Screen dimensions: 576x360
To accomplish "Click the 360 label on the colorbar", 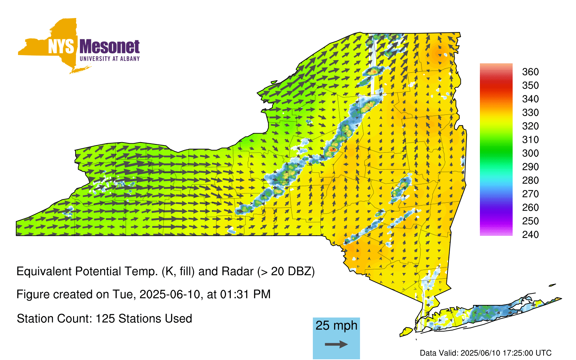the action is [530, 72].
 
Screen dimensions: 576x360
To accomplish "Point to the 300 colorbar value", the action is [530, 153].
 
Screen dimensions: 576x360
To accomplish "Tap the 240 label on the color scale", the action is [530, 234].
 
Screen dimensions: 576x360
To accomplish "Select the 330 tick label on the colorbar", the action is [530, 113].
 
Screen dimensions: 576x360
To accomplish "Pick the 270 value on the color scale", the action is [530, 194].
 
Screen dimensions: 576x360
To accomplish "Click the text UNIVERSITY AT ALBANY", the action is [109, 59].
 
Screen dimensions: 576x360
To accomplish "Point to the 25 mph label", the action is [336, 325].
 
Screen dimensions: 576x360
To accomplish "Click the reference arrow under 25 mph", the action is [336, 344].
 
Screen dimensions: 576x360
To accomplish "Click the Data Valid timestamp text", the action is [486, 353].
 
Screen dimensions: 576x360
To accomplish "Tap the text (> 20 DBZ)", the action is [286, 271].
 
